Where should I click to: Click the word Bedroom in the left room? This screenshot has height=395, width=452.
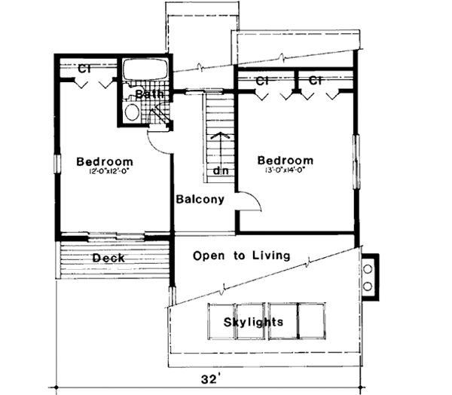point(105,161)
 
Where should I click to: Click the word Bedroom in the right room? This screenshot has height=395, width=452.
point(285,161)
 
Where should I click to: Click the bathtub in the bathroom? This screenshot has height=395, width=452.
point(145,72)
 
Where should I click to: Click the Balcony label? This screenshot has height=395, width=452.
point(200,200)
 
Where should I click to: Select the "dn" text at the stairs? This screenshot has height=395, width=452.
point(221,171)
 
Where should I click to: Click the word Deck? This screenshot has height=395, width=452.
point(108,259)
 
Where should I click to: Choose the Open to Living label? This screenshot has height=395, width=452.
point(241,256)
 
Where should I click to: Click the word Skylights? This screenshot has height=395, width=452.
point(253,322)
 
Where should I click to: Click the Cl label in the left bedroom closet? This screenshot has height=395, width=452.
point(85,68)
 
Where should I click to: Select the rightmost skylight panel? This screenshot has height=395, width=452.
point(312,321)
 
